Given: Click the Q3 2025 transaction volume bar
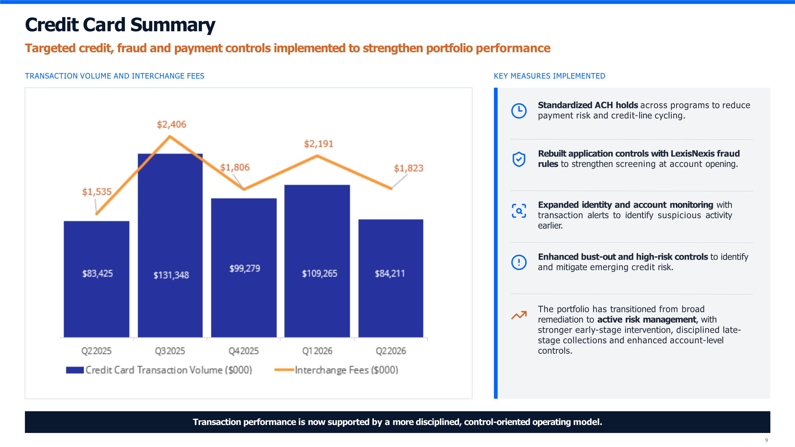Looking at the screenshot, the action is (170, 245).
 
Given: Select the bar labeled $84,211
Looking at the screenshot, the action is (391, 278).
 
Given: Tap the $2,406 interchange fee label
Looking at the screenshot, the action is (172, 124).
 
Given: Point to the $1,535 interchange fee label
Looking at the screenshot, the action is (97, 192).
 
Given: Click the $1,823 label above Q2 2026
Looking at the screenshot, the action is (409, 168).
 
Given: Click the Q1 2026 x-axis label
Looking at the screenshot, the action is (317, 351).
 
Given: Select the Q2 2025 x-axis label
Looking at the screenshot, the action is (96, 351).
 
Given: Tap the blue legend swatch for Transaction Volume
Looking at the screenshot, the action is (75, 370).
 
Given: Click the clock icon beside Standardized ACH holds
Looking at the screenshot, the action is (519, 110).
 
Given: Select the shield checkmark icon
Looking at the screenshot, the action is (519, 159).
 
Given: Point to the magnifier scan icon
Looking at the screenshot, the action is (519, 211).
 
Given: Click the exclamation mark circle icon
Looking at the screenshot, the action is (519, 262).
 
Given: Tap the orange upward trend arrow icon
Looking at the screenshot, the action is (519, 315).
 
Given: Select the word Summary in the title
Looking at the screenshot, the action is (173, 25).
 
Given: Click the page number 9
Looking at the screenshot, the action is (766, 440).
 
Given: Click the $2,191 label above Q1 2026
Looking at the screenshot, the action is (319, 144).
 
